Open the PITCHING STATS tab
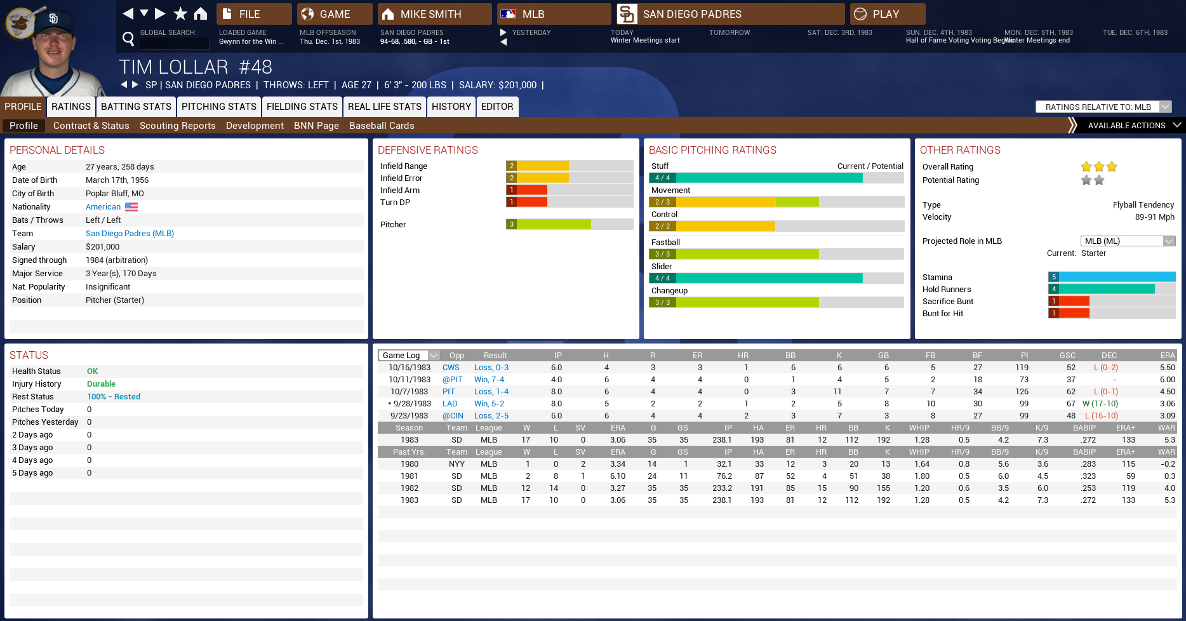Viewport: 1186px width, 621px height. click(x=218, y=107)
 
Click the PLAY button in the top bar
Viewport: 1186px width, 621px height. click(x=887, y=14)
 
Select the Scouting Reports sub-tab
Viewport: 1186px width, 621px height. click(x=177, y=126)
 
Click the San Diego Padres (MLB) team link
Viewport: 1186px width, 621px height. click(x=130, y=234)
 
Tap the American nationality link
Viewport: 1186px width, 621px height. click(x=103, y=207)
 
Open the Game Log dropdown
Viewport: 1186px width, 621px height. click(x=409, y=356)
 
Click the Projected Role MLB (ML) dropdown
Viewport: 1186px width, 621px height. click(x=1128, y=241)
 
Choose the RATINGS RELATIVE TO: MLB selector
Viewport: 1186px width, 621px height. click(x=1103, y=107)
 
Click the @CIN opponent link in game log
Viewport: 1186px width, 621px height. click(x=453, y=416)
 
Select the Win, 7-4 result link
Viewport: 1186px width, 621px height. click(x=489, y=380)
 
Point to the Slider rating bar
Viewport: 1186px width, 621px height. click(x=776, y=278)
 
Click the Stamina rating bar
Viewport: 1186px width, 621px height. click(x=1111, y=277)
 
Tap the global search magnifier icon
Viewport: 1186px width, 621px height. click(x=128, y=39)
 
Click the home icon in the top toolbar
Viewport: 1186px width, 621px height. click(x=201, y=13)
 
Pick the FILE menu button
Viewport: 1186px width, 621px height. click(x=253, y=14)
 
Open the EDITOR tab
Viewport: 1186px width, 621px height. click(x=496, y=107)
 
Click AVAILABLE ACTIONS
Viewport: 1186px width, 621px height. click(x=1126, y=126)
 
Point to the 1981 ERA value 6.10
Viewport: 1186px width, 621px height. click(x=617, y=476)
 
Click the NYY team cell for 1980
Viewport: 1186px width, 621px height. click(x=456, y=464)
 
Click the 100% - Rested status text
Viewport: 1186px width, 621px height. click(x=114, y=397)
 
